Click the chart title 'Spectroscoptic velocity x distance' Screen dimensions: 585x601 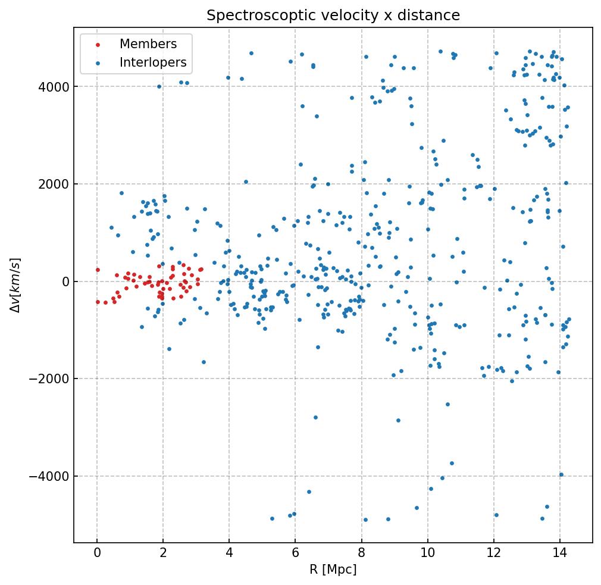tap(333, 15)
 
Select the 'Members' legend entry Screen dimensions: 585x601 tap(148, 44)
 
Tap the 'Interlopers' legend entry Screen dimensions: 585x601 tap(153, 62)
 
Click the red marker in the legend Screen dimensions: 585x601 tap(98, 45)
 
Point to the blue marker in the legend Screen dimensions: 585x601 tap(98, 62)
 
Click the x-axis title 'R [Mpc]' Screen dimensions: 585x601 tap(333, 570)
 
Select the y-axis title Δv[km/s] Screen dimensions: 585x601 tap(16, 285)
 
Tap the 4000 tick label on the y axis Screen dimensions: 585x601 tap(52, 87)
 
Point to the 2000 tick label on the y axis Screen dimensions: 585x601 tap(52, 184)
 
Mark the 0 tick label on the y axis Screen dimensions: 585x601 tap(65, 281)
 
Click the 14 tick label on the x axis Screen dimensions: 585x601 tap(560, 554)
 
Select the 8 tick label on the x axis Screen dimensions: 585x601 tap(361, 554)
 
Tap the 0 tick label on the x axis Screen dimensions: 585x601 tap(97, 554)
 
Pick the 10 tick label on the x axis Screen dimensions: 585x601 tap(427, 554)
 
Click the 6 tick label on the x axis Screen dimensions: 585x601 tap(295, 554)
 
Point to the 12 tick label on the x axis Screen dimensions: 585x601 tap(493, 554)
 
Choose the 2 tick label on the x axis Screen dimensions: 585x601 tap(163, 554)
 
